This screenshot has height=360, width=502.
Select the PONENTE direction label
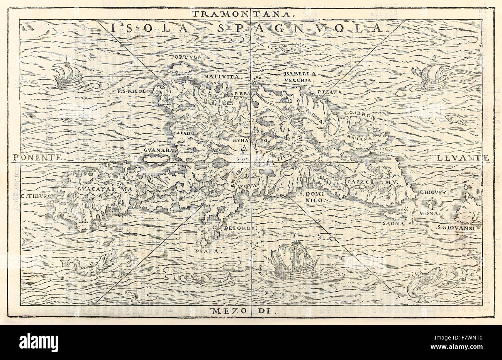(x=39, y=157)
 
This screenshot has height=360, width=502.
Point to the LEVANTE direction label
(x=463, y=157)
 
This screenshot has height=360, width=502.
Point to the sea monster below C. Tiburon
(x=88, y=264)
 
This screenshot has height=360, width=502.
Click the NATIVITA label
(x=229, y=76)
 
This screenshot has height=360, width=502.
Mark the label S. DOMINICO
(x=313, y=198)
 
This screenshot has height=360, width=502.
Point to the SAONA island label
(x=393, y=223)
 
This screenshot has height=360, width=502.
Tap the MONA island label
(x=429, y=213)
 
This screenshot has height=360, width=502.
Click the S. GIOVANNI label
(x=456, y=228)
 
